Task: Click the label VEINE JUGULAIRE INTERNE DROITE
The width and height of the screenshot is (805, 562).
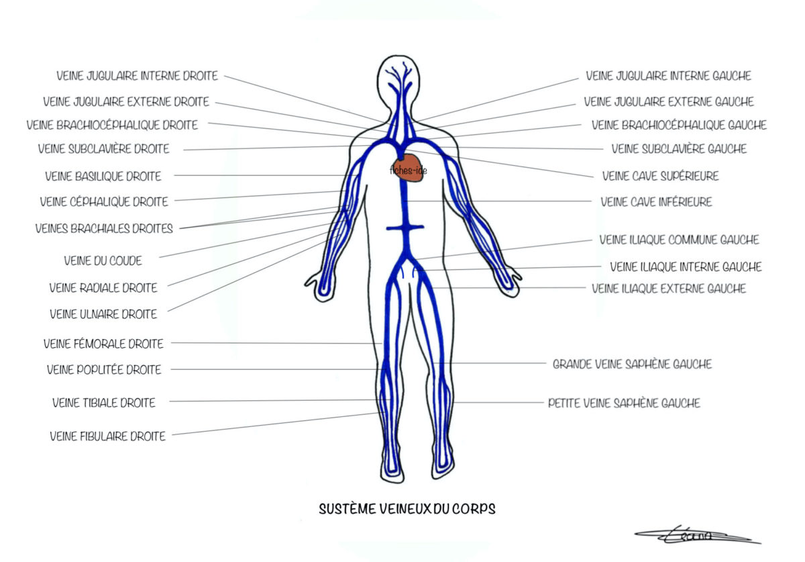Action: pyautogui.click(x=138, y=77)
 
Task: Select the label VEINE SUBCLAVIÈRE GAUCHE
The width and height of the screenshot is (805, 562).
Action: pyautogui.click(x=679, y=149)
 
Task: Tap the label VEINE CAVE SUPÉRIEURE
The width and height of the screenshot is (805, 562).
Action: pyautogui.click(x=660, y=176)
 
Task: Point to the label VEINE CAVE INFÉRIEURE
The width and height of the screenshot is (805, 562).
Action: pyautogui.click(x=656, y=201)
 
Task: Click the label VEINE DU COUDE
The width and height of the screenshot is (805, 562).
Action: pyautogui.click(x=103, y=261)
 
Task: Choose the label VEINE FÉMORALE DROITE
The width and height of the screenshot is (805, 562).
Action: pyautogui.click(x=103, y=344)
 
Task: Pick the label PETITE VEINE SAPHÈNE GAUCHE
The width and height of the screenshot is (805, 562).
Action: pyautogui.click(x=624, y=404)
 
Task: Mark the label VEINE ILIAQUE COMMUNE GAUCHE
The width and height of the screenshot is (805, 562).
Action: pyautogui.click(x=679, y=240)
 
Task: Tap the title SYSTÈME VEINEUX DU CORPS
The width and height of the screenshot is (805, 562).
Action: pyautogui.click(x=407, y=509)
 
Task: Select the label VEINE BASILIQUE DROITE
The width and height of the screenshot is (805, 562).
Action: pyautogui.click(x=103, y=177)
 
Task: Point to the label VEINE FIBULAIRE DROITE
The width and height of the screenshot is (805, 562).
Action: pyautogui.click(x=107, y=436)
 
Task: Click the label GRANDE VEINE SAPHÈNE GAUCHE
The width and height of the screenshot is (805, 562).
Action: pyautogui.click(x=632, y=365)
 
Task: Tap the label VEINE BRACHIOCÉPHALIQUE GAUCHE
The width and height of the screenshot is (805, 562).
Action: pyautogui.click(x=679, y=126)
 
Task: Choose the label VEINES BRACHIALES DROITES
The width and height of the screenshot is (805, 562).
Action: pyautogui.click(x=104, y=228)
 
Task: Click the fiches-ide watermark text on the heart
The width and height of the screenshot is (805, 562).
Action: pyautogui.click(x=408, y=171)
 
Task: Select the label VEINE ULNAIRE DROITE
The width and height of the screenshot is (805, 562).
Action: pyautogui.click(x=103, y=314)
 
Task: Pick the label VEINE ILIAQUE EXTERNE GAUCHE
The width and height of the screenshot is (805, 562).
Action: pyautogui.click(x=669, y=289)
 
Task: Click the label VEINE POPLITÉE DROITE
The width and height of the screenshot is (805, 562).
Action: pyautogui.click(x=104, y=369)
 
